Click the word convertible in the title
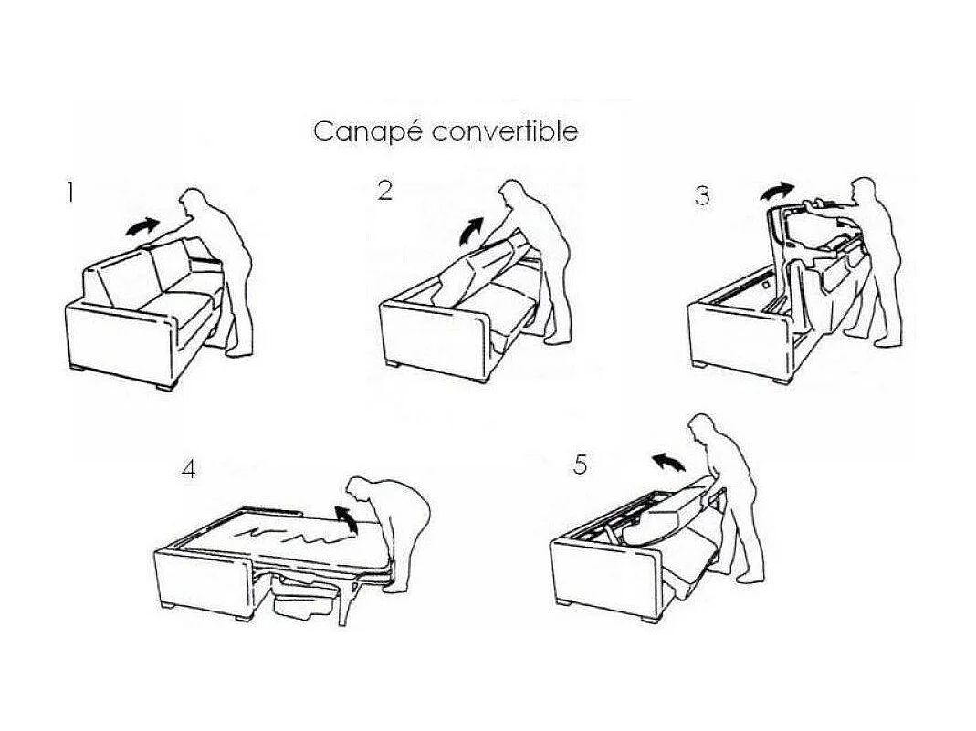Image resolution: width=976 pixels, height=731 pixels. tap(505, 131)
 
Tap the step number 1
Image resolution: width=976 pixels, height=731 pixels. tap(70, 193)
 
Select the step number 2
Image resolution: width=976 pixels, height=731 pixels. tap(385, 190)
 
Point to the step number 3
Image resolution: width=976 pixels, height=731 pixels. tap(702, 196)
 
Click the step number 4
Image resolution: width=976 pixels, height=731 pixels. tap(189, 470)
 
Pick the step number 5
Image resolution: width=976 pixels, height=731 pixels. tap(581, 465)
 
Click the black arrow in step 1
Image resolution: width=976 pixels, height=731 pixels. tap(142, 226)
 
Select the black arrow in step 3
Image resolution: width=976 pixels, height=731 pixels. tap(778, 191)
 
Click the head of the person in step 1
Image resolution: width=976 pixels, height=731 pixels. tap(194, 202)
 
